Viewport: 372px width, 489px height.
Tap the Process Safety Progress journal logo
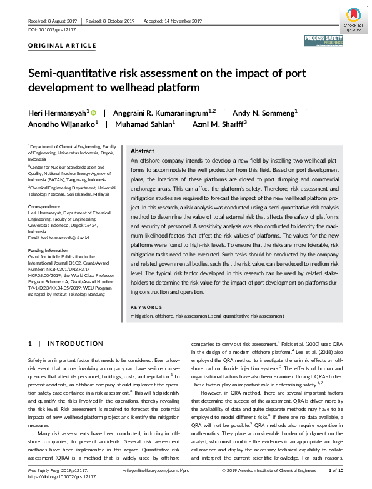pos(324,41)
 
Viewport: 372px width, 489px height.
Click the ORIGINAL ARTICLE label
pos(62,46)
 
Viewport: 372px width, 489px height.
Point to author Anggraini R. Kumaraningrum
pos(163,113)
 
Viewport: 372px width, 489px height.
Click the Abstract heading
pos(142,151)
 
